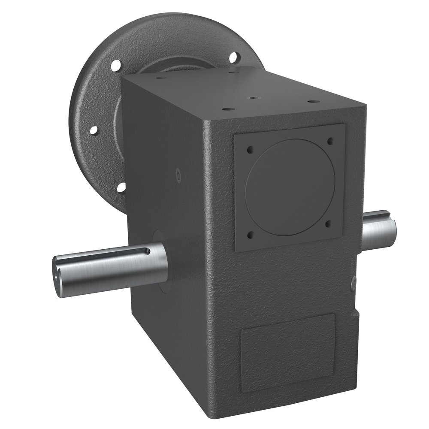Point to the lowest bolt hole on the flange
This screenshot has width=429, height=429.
point(121,187)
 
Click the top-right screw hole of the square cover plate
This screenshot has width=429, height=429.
point(330,141)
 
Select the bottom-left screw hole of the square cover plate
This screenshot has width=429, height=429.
point(251,235)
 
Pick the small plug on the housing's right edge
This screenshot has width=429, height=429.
point(353,283)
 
